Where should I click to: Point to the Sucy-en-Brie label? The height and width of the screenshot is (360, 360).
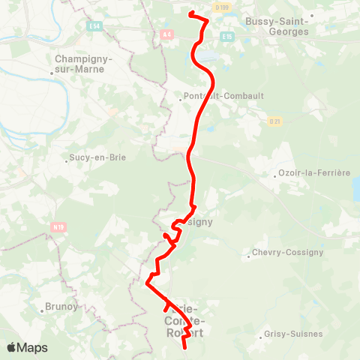[x=97, y=158]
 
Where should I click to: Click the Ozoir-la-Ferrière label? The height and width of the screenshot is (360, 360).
[x=314, y=173]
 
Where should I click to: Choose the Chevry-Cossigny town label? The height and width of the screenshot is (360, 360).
[x=288, y=253]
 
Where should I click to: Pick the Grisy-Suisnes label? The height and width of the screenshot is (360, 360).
[x=294, y=334]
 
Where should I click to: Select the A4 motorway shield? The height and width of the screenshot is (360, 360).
[x=166, y=34]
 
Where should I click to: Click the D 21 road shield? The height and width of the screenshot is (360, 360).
[x=274, y=121]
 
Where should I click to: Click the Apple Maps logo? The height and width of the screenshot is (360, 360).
[x=27, y=347]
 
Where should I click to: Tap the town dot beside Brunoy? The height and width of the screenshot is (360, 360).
[x=42, y=310]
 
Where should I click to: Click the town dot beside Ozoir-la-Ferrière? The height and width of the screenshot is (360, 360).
[x=275, y=177]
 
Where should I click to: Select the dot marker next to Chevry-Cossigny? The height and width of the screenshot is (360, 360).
[x=249, y=256]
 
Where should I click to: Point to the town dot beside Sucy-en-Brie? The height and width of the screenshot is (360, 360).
[x=67, y=158]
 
